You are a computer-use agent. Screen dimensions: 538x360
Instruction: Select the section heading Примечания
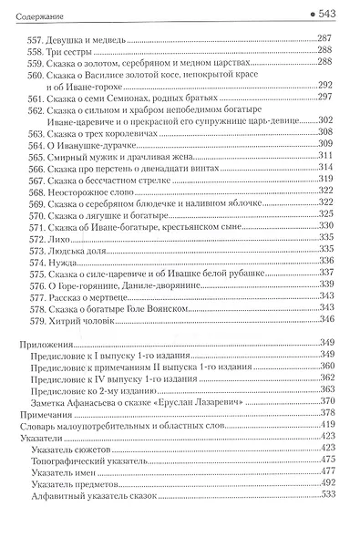(50, 412)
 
